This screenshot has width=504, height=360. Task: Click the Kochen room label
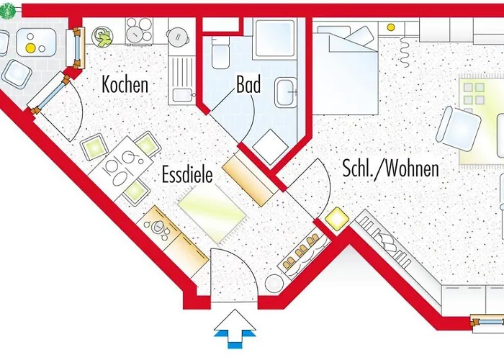click(125, 84)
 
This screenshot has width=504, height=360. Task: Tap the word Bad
click(248, 85)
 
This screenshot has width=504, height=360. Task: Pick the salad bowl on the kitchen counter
click(104, 35)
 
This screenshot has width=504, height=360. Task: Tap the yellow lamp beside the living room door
click(335, 217)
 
